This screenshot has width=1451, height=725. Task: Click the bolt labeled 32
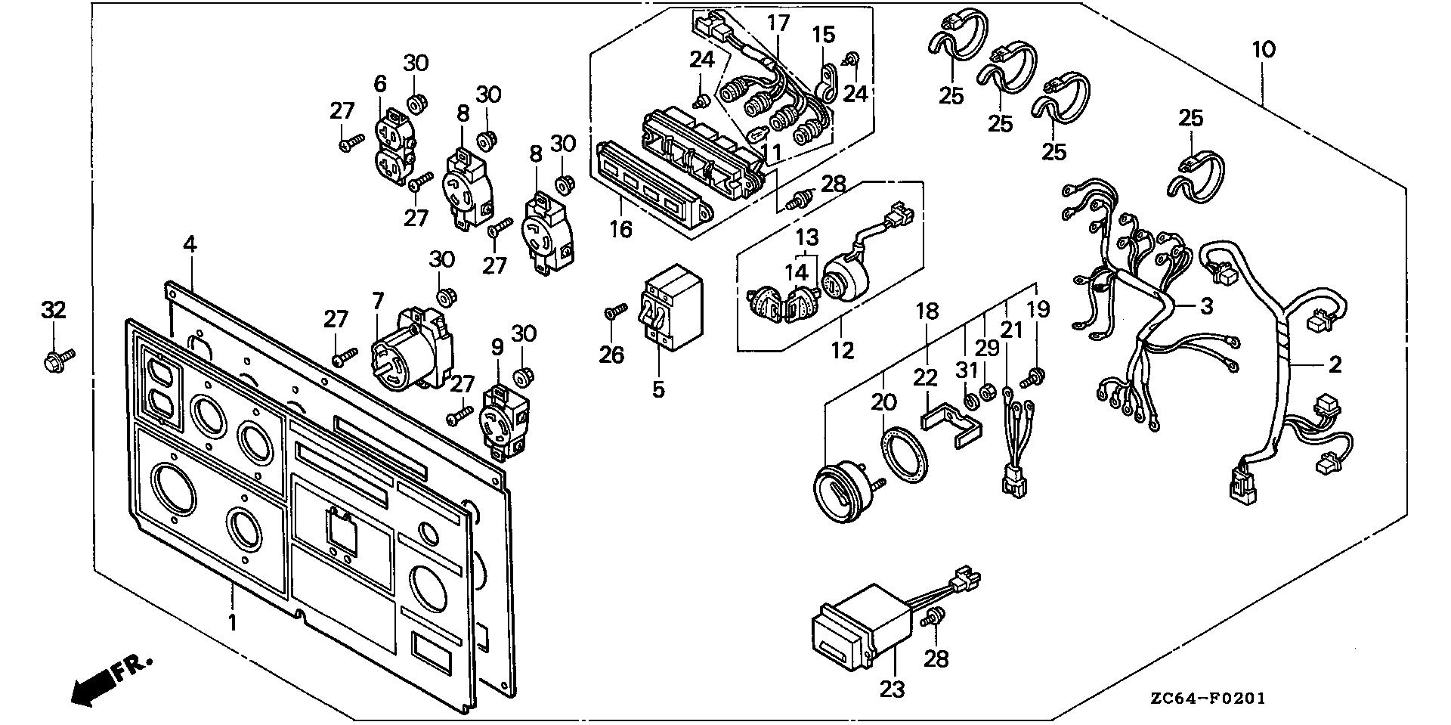(57, 358)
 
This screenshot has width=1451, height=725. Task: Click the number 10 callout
(1264, 50)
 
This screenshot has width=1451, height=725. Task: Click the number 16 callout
(621, 228)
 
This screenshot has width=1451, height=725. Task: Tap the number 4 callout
(190, 245)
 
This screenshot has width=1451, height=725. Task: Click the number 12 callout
(843, 351)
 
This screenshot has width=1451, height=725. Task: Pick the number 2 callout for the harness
(1335, 364)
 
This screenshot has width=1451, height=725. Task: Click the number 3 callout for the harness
(1206, 306)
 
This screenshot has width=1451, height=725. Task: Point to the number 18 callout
(927, 311)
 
